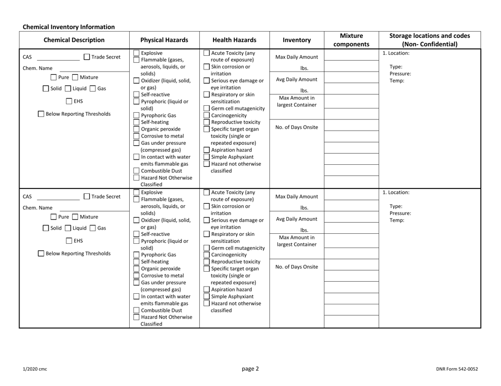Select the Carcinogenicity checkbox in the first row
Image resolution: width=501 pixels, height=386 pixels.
tap(206, 115)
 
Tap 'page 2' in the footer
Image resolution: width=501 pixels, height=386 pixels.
tap(250, 369)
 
